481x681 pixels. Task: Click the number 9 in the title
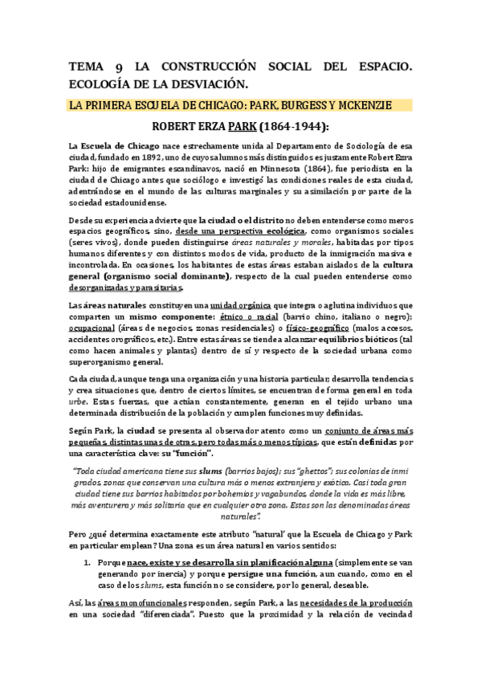pyautogui.click(x=120, y=67)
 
